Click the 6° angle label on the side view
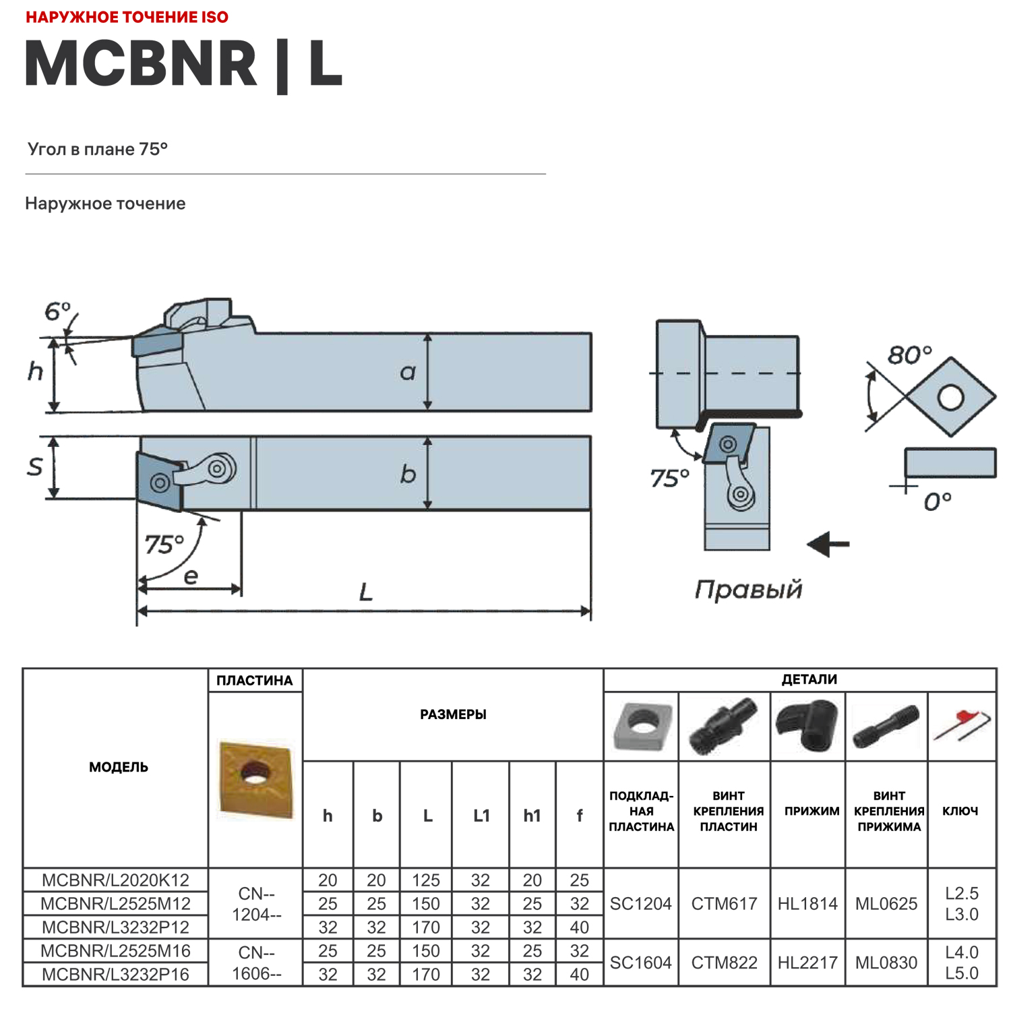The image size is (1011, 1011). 57,311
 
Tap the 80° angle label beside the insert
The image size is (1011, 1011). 909,355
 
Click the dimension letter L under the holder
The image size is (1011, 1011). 365,592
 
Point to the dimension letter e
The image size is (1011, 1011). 191,576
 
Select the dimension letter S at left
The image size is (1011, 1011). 35,466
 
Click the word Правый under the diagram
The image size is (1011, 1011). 748,590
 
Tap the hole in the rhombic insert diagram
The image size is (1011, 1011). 950,397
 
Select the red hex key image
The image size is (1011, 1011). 962,725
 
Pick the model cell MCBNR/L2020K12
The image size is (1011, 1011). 115,880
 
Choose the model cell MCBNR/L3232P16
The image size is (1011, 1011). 115,975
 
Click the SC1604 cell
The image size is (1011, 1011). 640,963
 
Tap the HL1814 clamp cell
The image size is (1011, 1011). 807,904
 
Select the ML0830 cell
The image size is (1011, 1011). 886,963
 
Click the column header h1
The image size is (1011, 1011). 532,816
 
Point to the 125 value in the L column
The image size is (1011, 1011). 426,880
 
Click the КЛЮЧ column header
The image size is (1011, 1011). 960,811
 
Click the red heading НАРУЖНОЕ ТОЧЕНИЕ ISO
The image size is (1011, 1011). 127,18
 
